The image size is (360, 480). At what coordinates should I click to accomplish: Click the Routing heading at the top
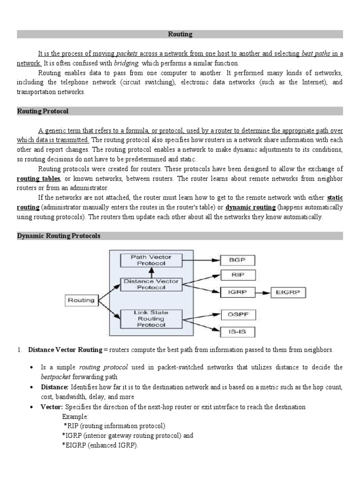tap(180, 34)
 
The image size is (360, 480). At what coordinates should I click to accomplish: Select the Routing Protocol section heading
tap(43, 111)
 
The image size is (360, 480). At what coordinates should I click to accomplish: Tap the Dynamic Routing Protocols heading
tap(59, 236)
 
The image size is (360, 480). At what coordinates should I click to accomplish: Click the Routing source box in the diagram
tap(81, 300)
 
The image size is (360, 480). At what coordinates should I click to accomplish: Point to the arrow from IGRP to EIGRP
tap(263, 292)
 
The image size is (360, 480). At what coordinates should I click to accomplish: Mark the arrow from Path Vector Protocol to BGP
tap(201, 259)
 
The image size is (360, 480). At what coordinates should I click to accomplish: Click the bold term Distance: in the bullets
tap(55, 387)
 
